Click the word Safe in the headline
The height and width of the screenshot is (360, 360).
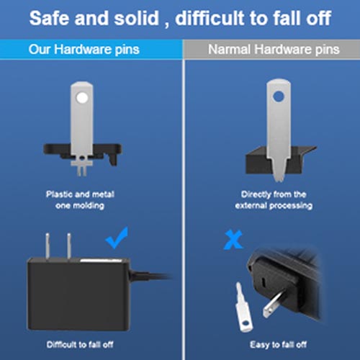click(49, 18)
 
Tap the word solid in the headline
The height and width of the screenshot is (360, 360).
click(136, 18)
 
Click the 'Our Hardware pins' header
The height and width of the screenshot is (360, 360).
click(84, 50)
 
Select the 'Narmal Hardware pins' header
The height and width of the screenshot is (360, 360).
click(274, 50)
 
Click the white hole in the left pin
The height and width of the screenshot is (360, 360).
click(82, 98)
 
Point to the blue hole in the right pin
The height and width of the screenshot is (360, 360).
click(279, 96)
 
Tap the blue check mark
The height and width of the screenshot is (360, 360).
click(117, 238)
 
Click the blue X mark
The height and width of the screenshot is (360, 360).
click(233, 240)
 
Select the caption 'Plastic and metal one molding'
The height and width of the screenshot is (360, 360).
click(80, 199)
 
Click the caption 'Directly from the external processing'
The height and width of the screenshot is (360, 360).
click(274, 199)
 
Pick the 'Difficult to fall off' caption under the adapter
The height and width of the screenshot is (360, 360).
click(80, 345)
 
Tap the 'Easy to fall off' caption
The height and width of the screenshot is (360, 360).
click(278, 345)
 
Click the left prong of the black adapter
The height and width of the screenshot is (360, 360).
click(48, 246)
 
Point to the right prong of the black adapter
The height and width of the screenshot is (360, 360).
click(69, 246)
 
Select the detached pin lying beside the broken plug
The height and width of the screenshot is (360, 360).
click(243, 308)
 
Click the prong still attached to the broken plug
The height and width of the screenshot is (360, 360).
click(276, 304)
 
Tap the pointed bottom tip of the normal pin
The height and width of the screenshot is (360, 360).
click(279, 181)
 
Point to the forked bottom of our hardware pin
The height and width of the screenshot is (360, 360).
click(81, 168)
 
